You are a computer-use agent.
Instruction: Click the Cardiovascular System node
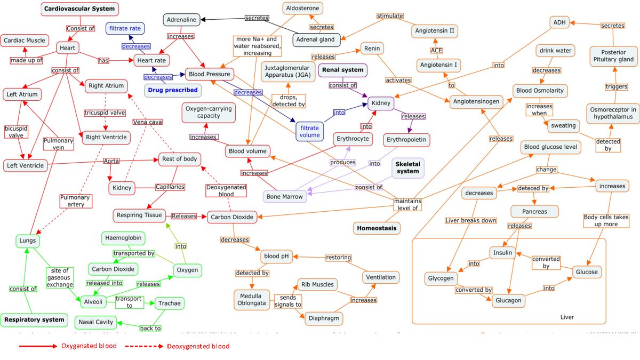(x=79, y=9)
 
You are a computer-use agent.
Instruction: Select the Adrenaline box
(x=181, y=20)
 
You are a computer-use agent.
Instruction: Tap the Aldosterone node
(x=303, y=9)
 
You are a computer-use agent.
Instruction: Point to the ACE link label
(x=437, y=50)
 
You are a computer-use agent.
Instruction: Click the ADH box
(x=559, y=22)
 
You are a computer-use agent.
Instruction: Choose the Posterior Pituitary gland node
(x=614, y=55)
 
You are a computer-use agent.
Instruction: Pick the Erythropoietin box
(x=407, y=140)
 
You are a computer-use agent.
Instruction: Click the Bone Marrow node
(x=285, y=196)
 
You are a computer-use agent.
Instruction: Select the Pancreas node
(x=535, y=211)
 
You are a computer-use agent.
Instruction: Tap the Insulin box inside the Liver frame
(x=502, y=253)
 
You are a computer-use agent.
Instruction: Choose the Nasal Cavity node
(x=96, y=322)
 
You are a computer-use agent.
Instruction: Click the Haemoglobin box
(x=123, y=238)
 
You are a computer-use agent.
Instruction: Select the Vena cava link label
(x=148, y=122)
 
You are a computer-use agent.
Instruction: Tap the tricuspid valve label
(x=105, y=113)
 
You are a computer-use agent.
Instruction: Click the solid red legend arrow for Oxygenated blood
(x=37, y=346)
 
